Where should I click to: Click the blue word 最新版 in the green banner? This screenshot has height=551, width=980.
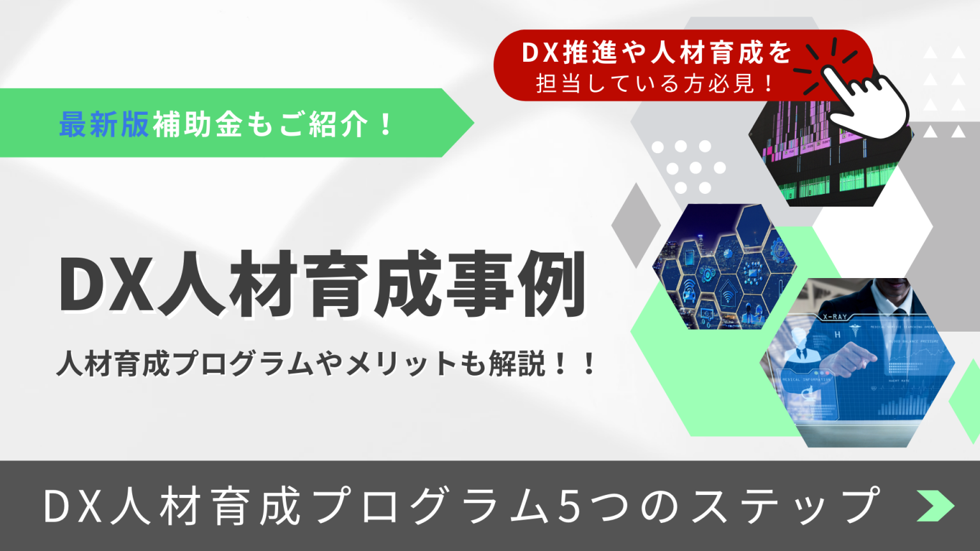tap(103, 124)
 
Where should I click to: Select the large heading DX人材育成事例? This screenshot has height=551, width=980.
tap(323, 285)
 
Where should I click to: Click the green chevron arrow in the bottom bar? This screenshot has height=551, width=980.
tap(935, 506)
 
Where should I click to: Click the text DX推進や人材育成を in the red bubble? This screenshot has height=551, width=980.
tap(657, 53)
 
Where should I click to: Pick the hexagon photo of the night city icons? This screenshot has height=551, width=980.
tap(724, 267)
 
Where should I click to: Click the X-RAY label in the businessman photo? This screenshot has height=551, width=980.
tap(835, 317)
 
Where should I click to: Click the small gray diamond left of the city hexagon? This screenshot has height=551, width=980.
tap(635, 224)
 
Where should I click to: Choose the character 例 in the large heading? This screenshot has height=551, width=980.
tap(551, 285)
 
